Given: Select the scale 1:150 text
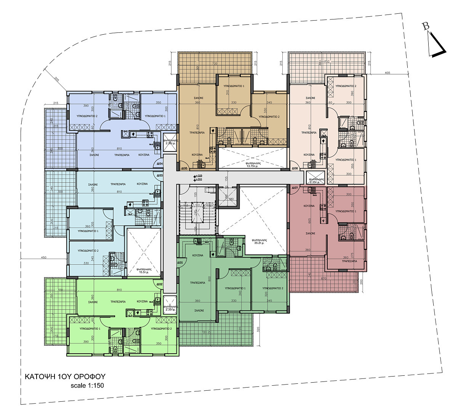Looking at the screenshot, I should tap(87, 385).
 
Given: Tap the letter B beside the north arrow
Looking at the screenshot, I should tap(426, 26).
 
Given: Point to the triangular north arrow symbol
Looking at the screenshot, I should tap(435, 45).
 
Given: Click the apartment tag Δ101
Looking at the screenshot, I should tap(180, 262).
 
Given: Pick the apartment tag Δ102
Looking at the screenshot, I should tap(159, 284).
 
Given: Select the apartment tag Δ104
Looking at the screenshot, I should tap(160, 164).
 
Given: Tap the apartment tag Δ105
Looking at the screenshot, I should tap(184, 168).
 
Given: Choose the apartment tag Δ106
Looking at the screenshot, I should tap(295, 168).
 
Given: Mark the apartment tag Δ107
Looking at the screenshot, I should tap(295, 188).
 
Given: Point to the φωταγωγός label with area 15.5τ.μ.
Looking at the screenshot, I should tap(144, 271).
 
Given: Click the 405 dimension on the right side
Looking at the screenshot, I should tap(388, 72).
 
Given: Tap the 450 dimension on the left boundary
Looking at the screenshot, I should tap(43, 257).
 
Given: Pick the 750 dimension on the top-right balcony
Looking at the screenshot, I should tap(326, 61).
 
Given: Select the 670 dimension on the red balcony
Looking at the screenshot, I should tap(323, 278).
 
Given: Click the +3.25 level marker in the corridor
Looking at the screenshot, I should tap(198, 175).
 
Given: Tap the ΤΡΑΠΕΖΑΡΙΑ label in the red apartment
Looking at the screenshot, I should tap(349, 261).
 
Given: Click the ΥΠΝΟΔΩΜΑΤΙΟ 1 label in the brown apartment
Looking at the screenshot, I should tap(234, 86).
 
